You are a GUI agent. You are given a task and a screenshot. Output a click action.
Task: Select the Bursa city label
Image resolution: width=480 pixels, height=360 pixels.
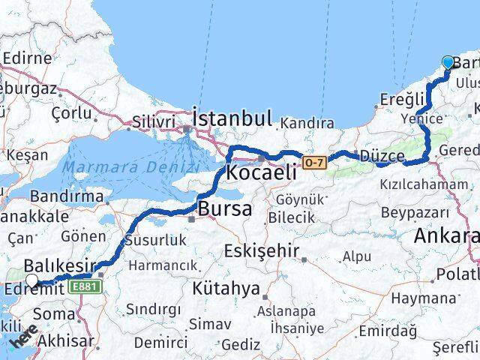pos(224,209)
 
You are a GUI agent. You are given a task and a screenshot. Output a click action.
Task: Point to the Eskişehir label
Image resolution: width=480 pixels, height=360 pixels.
pos(262,250)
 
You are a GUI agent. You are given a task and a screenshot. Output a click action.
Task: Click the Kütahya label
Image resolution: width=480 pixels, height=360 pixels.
pos(226,288)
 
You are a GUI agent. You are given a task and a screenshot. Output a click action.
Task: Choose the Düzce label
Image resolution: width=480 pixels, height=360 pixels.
pos(382,157)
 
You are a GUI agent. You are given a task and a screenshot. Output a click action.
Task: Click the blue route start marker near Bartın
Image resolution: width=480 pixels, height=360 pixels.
pos(448,63)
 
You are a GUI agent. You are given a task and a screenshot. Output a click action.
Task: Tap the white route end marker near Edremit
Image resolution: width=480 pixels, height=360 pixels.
pos(31,280)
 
